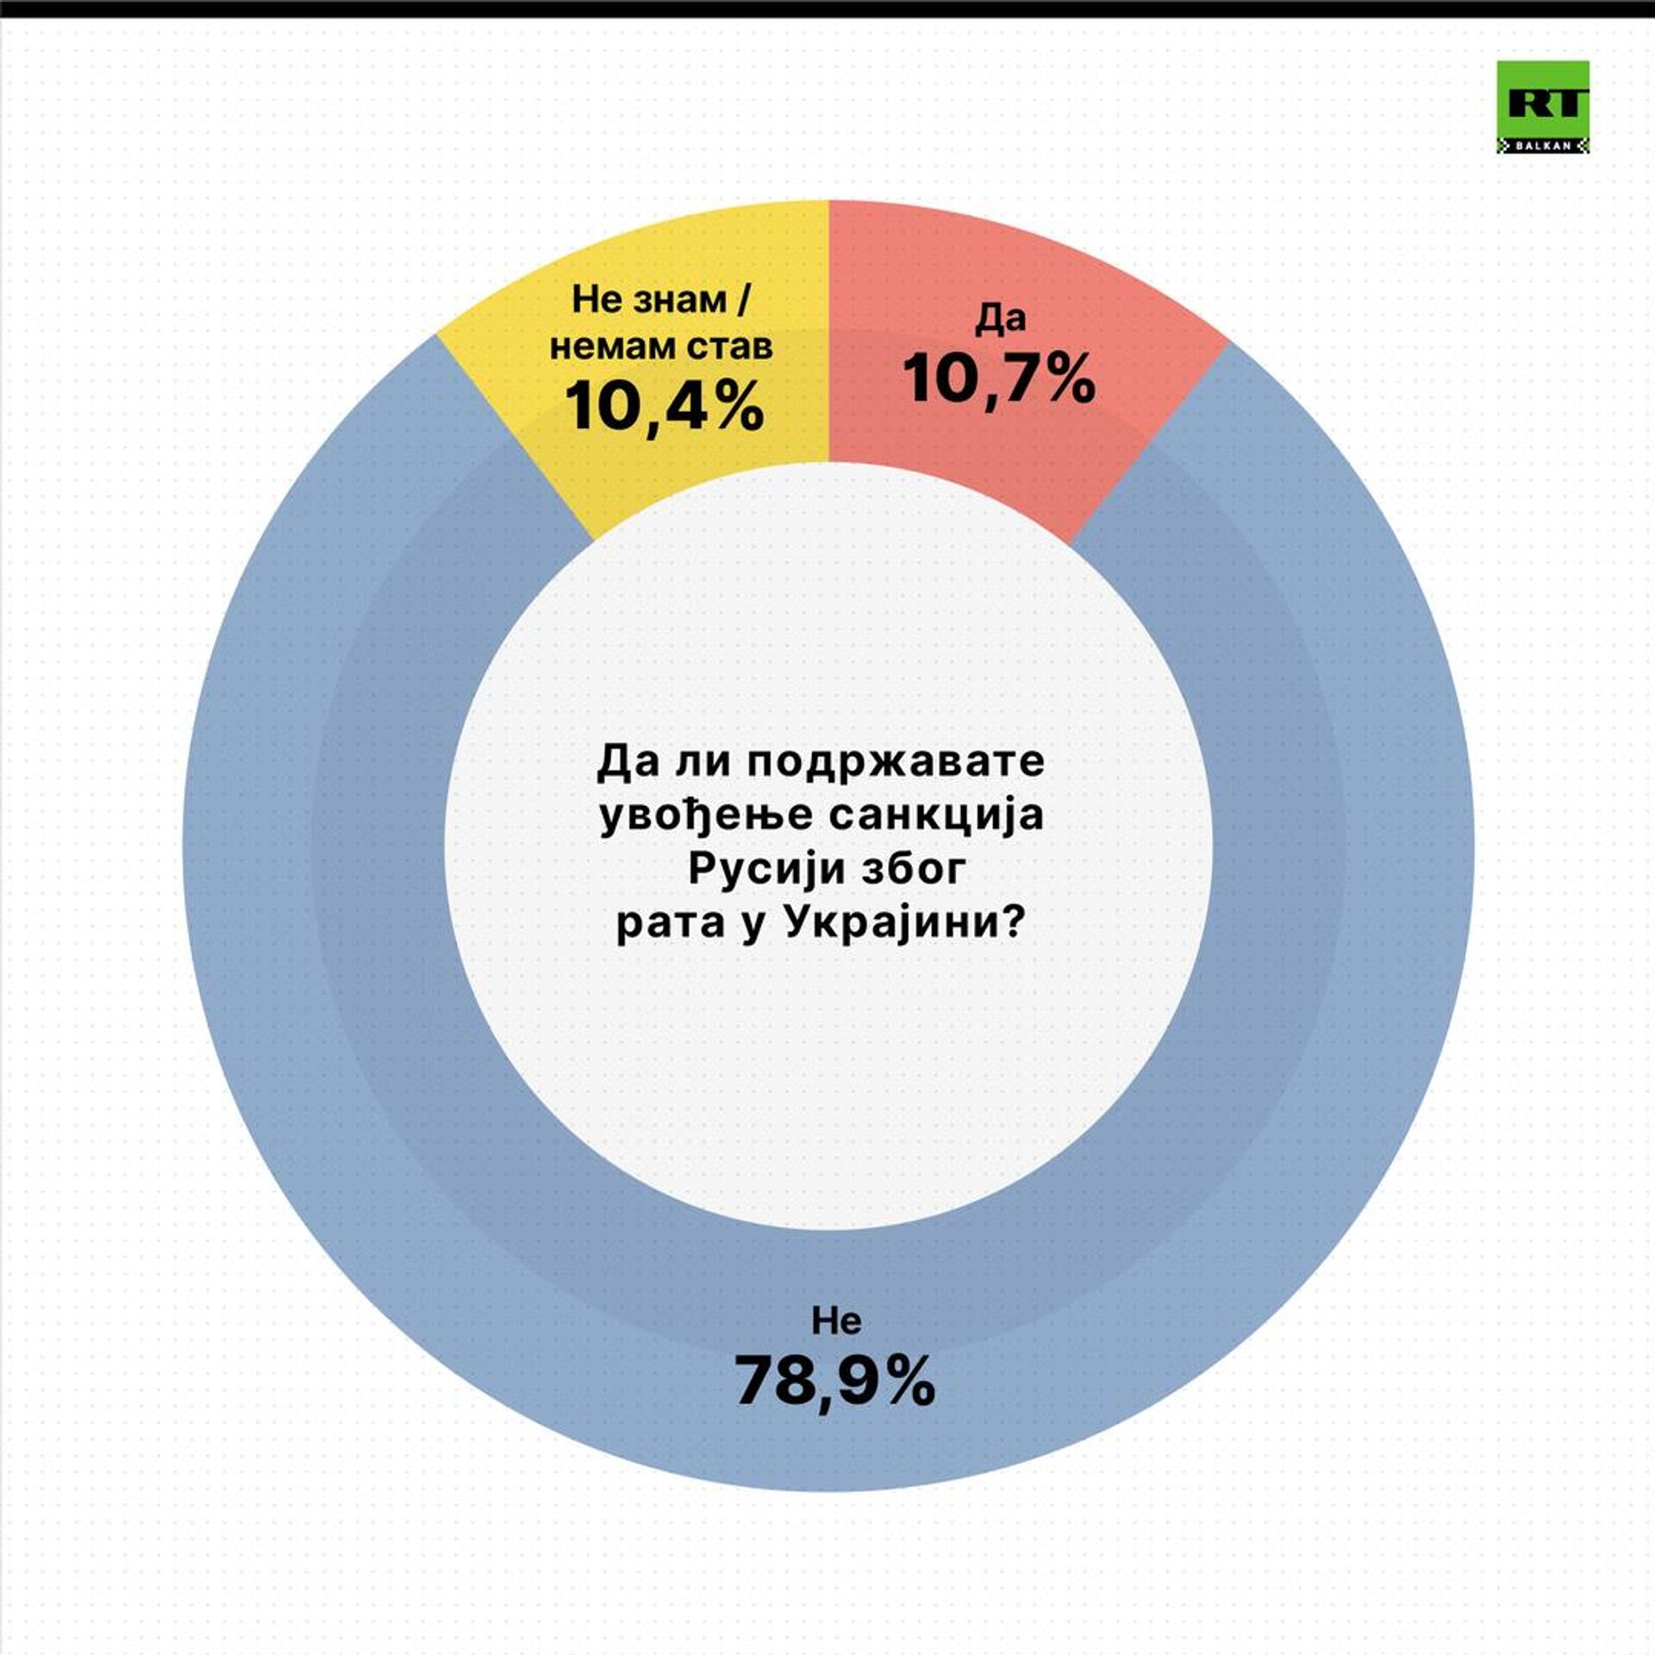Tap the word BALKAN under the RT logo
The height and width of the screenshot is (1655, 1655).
[1542, 147]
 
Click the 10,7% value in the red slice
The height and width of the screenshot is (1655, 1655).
[999, 378]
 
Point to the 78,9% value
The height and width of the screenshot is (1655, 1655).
[834, 1380]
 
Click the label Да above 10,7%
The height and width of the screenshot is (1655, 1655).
[1001, 319]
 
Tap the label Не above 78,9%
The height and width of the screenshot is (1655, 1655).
[835, 1320]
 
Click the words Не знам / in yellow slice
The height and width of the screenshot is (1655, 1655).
[661, 300]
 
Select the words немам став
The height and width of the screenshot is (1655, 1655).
[661, 347]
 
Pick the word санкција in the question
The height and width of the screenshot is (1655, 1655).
[936, 815]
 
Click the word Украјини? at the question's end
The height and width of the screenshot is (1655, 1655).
[906, 924]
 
